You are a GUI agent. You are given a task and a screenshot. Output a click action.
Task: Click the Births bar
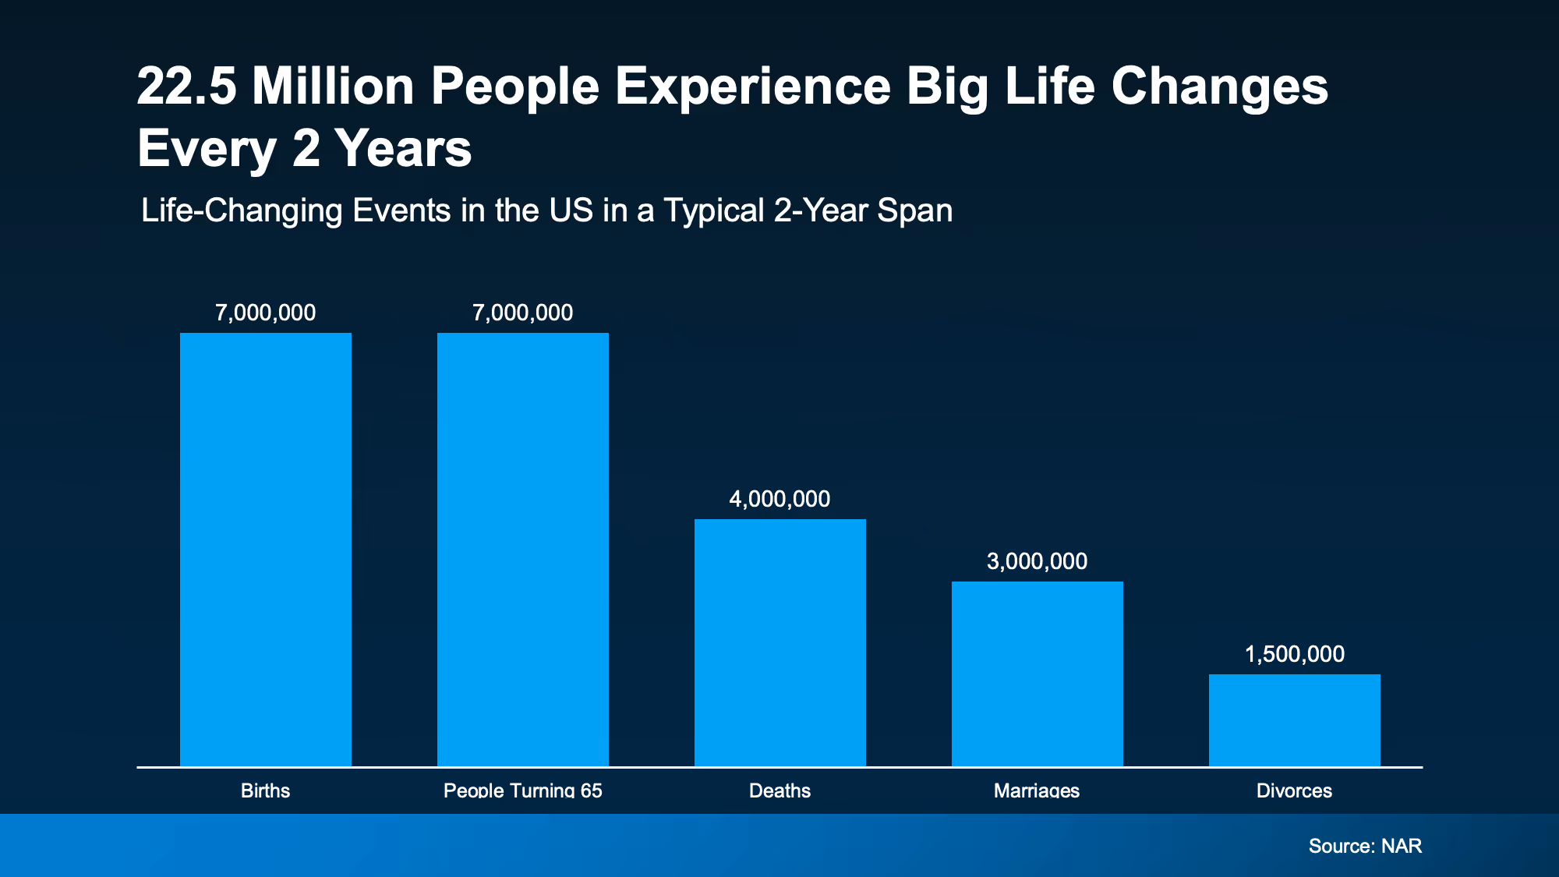click(x=266, y=550)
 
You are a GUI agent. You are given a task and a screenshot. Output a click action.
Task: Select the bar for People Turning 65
click(x=523, y=550)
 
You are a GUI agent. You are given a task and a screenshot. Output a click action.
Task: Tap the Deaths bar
click(x=780, y=643)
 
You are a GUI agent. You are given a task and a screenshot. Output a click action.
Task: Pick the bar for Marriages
click(x=1038, y=674)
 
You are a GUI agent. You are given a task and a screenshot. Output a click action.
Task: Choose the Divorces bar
click(x=1295, y=720)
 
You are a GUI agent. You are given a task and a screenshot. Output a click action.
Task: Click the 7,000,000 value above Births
click(x=266, y=313)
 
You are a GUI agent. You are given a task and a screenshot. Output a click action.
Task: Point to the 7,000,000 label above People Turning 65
click(x=523, y=313)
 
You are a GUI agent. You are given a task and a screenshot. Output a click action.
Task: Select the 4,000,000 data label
click(x=780, y=500)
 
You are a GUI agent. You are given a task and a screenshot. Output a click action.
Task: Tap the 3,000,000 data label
click(x=1038, y=562)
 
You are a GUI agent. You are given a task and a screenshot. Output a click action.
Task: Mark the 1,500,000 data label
click(x=1295, y=655)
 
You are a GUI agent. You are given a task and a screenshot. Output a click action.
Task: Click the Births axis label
click(x=266, y=790)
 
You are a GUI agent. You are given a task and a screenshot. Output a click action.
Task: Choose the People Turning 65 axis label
click(x=523, y=790)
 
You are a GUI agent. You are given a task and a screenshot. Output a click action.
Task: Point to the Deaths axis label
click(x=780, y=790)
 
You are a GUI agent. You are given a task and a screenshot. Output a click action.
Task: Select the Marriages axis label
click(x=1037, y=790)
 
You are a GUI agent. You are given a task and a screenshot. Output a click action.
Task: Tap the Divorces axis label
click(x=1295, y=790)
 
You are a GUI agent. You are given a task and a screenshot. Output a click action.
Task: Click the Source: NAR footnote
click(x=1366, y=846)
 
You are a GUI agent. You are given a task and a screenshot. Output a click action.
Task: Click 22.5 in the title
click(x=187, y=86)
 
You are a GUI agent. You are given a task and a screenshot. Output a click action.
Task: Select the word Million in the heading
click(x=333, y=86)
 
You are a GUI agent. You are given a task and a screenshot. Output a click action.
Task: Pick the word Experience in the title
click(x=753, y=87)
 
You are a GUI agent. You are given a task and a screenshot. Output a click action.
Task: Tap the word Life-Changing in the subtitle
click(x=242, y=211)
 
